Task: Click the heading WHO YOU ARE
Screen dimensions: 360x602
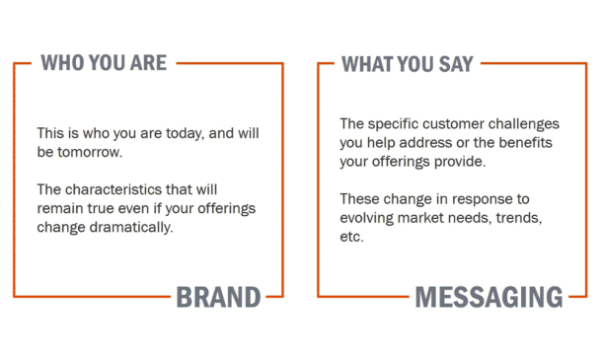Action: (x=104, y=63)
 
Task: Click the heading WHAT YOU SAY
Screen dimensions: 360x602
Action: (x=407, y=64)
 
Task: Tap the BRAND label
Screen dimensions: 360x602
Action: (x=218, y=297)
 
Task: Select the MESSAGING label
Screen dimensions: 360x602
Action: (x=489, y=297)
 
